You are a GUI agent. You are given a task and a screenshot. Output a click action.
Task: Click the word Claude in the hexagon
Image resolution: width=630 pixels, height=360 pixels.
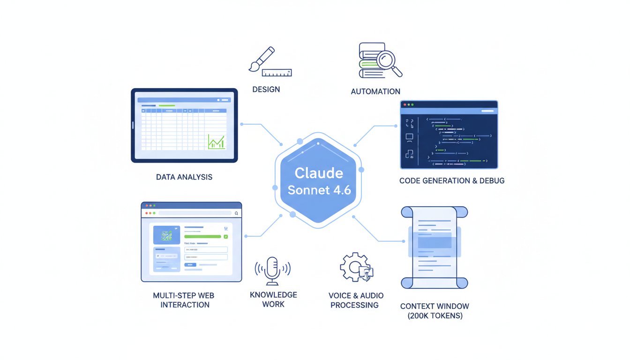319,173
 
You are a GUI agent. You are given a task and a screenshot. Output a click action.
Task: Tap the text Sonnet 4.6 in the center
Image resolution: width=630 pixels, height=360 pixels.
319,190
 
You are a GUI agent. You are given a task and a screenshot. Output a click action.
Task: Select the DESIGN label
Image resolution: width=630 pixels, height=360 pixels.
266,90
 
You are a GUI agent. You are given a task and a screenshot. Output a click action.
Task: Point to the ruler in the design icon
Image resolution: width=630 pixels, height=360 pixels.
277,73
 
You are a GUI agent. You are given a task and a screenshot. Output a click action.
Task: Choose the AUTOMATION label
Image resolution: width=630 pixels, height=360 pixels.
375,91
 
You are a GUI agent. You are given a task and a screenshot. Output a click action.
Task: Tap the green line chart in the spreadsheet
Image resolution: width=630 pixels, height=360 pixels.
216,142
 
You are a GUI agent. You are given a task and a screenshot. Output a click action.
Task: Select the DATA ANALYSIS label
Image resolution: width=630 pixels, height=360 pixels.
184,177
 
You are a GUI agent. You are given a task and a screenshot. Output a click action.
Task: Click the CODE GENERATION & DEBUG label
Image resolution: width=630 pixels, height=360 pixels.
451,180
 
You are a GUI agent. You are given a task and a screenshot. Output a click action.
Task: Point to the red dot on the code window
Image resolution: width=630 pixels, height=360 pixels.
405,105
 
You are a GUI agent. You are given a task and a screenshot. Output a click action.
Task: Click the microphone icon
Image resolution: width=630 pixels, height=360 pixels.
272,270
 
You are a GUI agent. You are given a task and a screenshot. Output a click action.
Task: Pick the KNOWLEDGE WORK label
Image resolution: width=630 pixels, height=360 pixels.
273,300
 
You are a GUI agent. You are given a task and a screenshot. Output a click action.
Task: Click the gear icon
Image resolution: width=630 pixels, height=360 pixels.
355,267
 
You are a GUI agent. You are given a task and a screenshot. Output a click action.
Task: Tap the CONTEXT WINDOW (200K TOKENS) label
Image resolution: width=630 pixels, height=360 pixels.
435,311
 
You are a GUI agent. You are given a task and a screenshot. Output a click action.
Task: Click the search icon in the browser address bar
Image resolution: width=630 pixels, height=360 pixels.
236,213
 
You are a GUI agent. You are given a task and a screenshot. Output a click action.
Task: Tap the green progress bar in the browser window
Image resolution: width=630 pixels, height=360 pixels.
202,237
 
